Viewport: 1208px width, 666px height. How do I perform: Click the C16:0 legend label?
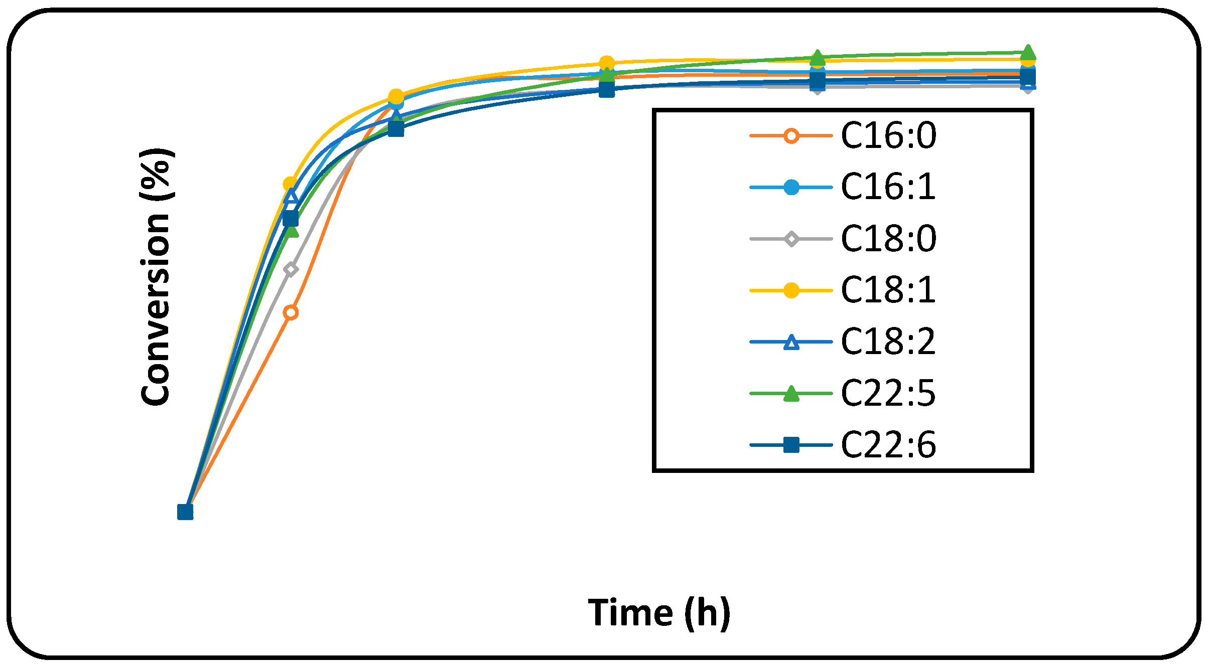click(888, 136)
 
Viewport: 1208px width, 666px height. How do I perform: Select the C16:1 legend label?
click(888, 187)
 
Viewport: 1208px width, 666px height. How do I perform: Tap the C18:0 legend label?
click(888, 239)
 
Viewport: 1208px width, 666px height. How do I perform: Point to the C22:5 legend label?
click(888, 393)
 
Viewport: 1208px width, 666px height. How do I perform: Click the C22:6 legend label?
click(888, 445)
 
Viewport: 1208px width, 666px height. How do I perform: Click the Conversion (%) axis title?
click(156, 276)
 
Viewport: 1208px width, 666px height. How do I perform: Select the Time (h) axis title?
click(659, 613)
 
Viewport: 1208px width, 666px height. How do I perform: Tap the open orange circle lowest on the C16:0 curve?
click(291, 313)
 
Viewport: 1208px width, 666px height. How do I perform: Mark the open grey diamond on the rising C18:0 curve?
click(291, 269)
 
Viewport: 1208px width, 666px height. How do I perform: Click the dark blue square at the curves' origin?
click(185, 512)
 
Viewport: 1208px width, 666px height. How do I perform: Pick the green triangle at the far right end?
click(1027, 52)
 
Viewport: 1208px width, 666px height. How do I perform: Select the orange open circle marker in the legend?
click(791, 136)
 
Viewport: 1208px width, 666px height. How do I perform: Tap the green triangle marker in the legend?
click(791, 394)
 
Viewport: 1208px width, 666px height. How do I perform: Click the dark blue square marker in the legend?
click(791, 445)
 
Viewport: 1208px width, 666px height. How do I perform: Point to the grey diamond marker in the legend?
click(791, 239)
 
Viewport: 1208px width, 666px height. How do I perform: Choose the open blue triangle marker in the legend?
click(791, 343)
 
